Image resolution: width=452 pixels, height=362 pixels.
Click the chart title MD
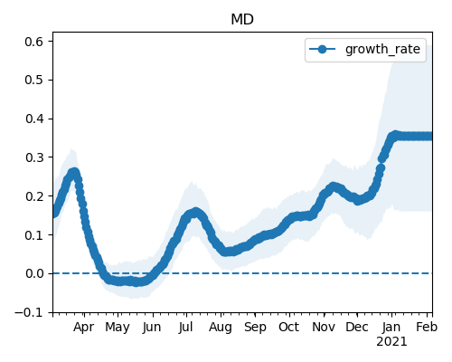tap(242, 20)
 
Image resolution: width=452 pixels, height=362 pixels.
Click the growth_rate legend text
tap(382, 50)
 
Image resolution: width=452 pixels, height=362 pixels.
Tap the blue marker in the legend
tap(322, 49)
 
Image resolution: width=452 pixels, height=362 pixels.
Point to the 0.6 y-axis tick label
tap(34, 42)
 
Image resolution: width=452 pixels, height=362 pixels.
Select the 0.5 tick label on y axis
tap(34, 80)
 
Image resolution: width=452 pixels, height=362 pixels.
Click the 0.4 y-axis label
tap(34, 119)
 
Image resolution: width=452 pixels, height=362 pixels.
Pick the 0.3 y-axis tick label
tap(34, 157)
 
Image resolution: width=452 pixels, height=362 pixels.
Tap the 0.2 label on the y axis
tap(34, 196)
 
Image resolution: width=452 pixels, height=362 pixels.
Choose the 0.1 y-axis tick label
tap(34, 235)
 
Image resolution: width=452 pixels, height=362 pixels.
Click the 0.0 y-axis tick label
tap(34, 273)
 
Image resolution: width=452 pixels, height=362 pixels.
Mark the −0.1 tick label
tap(29, 312)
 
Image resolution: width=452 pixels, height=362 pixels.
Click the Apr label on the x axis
tap(84, 328)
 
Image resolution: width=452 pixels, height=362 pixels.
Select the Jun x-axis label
tap(152, 328)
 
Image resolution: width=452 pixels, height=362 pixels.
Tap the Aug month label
tap(221, 328)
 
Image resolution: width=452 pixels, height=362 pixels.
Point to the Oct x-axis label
tap(289, 327)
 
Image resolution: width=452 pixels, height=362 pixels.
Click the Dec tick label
tap(357, 327)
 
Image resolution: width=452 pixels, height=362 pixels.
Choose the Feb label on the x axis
tap(427, 327)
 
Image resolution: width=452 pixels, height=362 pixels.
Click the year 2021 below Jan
tap(391, 342)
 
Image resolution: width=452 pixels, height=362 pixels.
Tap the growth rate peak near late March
tap(74, 173)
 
